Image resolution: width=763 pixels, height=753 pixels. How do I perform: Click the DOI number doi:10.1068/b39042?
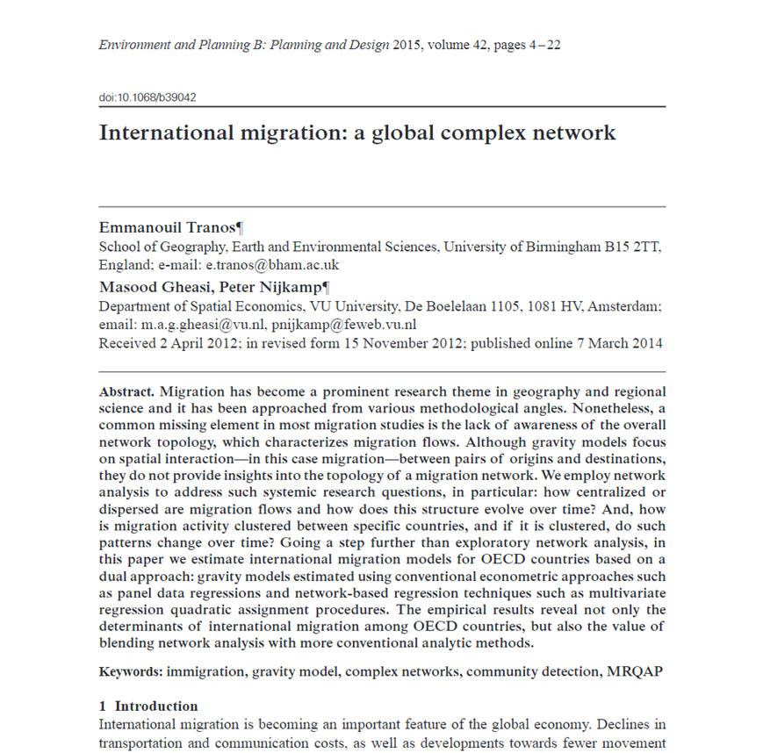click(x=148, y=97)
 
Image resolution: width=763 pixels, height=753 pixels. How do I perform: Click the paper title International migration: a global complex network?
click(x=357, y=133)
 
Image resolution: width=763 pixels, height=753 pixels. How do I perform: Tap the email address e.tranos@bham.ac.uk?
click(x=272, y=265)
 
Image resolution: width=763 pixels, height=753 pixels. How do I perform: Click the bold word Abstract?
click(x=126, y=391)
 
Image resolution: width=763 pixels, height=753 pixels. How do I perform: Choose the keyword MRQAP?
click(x=634, y=672)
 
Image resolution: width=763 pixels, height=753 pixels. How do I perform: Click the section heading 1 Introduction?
click(x=148, y=706)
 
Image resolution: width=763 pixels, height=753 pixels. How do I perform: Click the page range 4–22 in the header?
click(x=541, y=45)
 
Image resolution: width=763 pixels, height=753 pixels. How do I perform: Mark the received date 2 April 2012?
click(x=192, y=343)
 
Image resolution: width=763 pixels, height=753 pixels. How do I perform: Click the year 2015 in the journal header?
click(x=408, y=45)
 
